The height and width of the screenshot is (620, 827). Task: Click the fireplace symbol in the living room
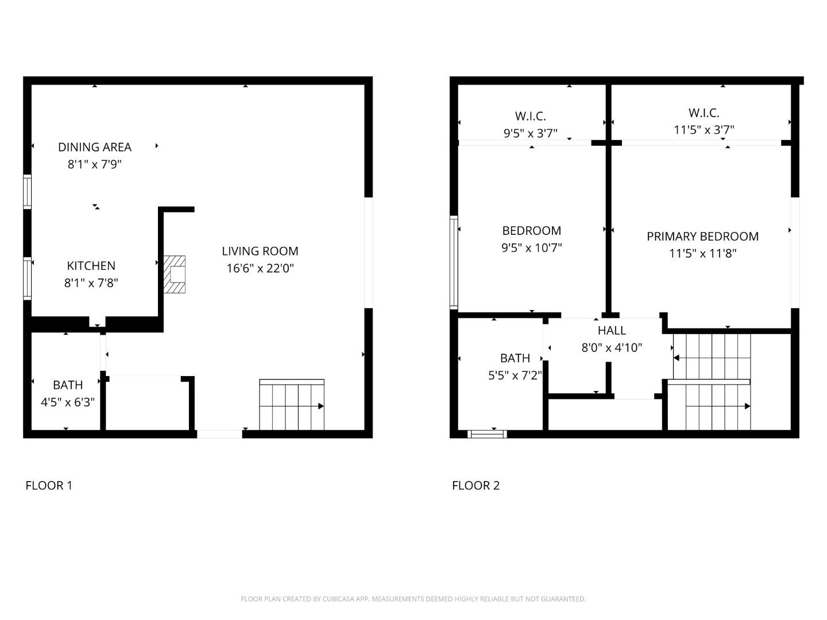(x=175, y=274)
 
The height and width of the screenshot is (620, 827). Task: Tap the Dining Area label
(x=95, y=147)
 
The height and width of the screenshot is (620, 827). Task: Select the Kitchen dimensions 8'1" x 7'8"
(x=91, y=283)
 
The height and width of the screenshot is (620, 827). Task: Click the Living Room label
(x=260, y=251)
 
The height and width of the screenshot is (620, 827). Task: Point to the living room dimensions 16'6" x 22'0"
(x=260, y=268)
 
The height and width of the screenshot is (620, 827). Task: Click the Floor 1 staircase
(x=292, y=405)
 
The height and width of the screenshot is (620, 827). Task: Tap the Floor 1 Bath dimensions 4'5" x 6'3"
(x=68, y=402)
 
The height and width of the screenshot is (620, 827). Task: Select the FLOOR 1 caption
(x=49, y=485)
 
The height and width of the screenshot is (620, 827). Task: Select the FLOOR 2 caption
(x=476, y=485)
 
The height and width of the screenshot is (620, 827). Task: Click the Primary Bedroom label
(x=702, y=236)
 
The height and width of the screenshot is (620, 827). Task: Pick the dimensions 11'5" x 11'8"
(x=702, y=253)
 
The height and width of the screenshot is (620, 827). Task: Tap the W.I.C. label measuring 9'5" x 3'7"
(x=531, y=116)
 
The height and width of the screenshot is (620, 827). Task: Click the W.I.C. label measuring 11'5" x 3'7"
(x=704, y=113)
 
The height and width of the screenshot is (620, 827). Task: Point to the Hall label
(x=612, y=330)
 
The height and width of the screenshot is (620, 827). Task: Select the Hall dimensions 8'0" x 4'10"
(x=612, y=347)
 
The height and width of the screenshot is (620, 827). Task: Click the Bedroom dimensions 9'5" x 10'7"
(x=531, y=247)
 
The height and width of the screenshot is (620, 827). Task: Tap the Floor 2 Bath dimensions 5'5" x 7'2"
(x=515, y=375)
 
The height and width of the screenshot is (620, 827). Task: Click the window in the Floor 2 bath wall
(x=488, y=434)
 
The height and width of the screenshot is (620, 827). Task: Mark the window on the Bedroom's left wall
(x=454, y=262)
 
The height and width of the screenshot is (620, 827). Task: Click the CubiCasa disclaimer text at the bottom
(x=413, y=599)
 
